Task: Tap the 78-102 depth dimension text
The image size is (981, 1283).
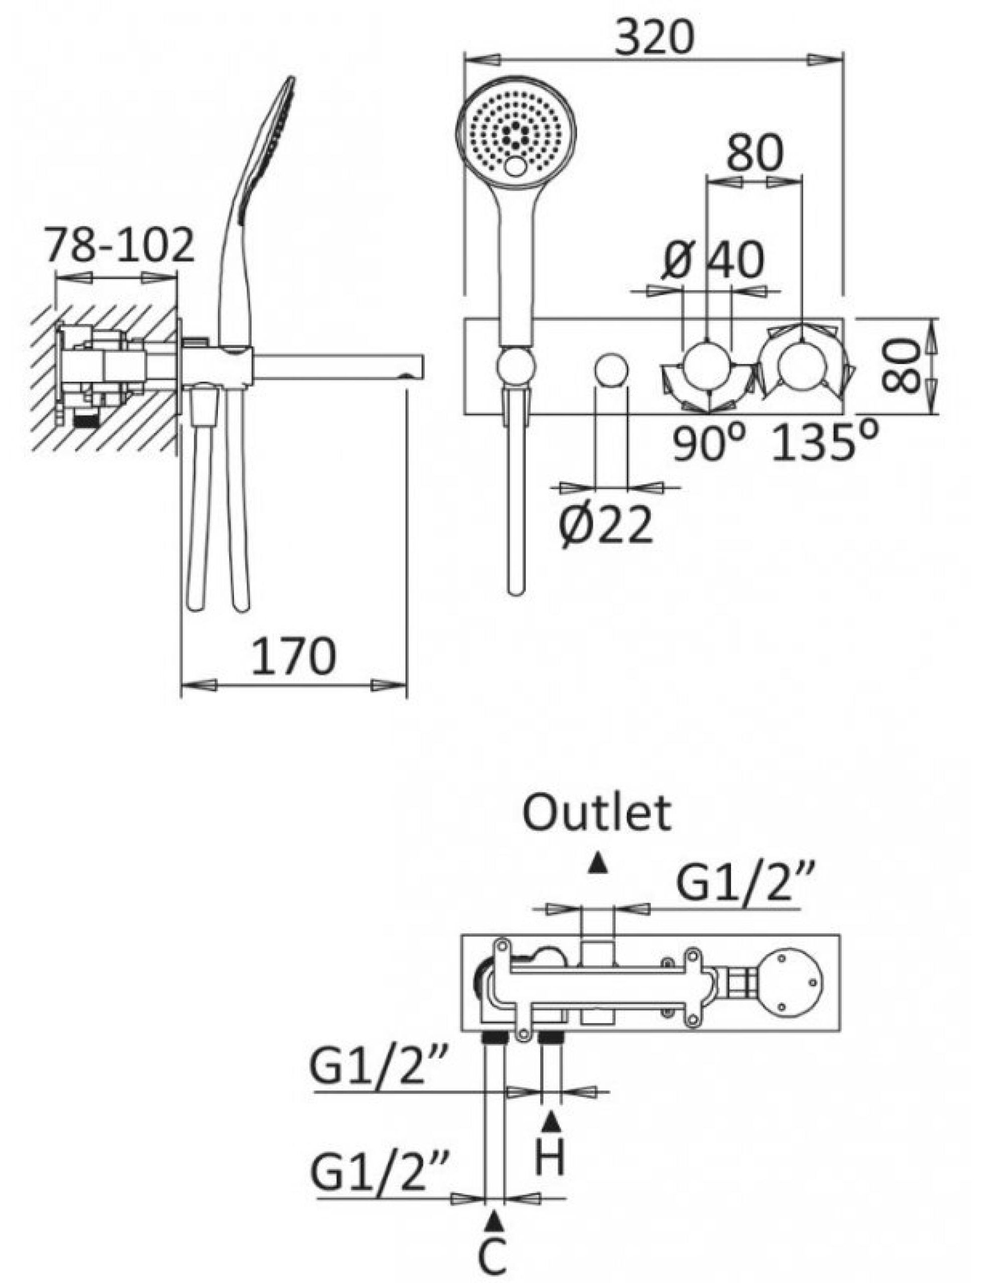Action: coord(120,245)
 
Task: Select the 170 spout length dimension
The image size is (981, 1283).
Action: coord(294,657)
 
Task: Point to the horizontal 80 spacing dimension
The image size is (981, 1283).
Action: coord(753,152)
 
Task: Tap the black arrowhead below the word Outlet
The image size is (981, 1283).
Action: coord(596,865)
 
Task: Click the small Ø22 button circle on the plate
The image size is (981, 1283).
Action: coord(611,368)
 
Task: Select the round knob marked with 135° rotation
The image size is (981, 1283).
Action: coord(801,367)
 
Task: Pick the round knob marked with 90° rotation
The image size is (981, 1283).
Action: coord(707,367)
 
